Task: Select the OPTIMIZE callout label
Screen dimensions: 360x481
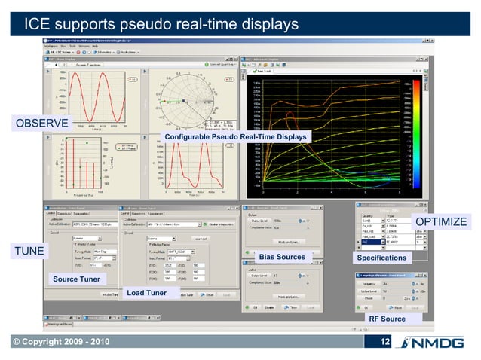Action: click(x=442, y=221)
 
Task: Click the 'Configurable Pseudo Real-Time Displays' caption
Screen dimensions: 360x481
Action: click(x=236, y=137)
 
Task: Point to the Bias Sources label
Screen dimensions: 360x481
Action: click(x=281, y=258)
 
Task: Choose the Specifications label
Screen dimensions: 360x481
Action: click(x=381, y=258)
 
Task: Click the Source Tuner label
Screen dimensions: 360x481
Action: click(x=75, y=279)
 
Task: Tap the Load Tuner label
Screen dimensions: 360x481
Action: click(x=146, y=293)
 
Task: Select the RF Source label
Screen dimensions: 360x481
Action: click(x=387, y=319)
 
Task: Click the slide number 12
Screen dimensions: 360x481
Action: click(x=384, y=343)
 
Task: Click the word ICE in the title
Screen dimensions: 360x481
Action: click(x=39, y=25)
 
